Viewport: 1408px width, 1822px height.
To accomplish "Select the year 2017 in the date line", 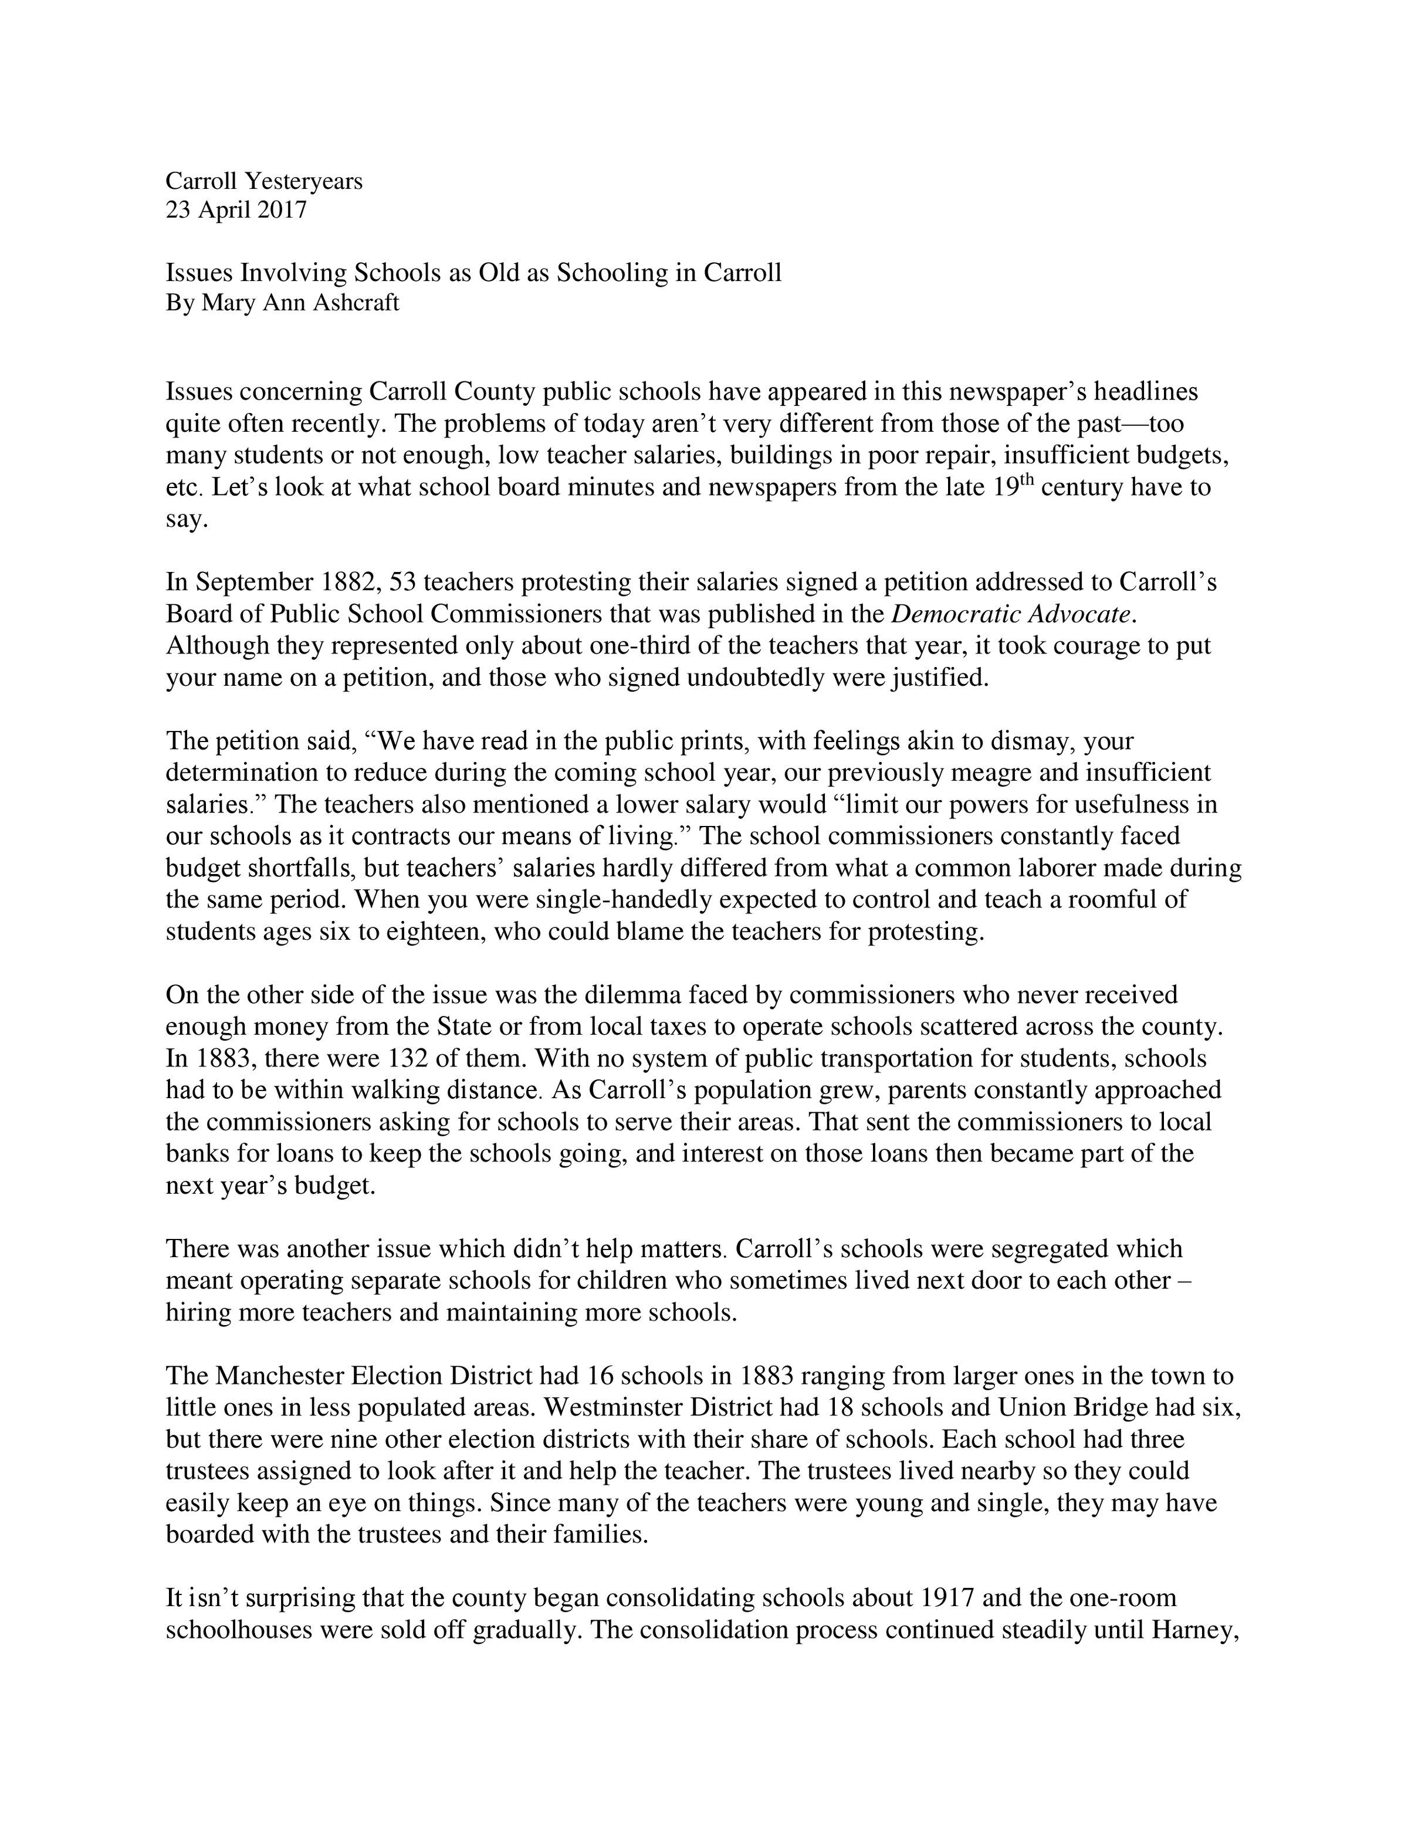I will coord(281,209).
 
